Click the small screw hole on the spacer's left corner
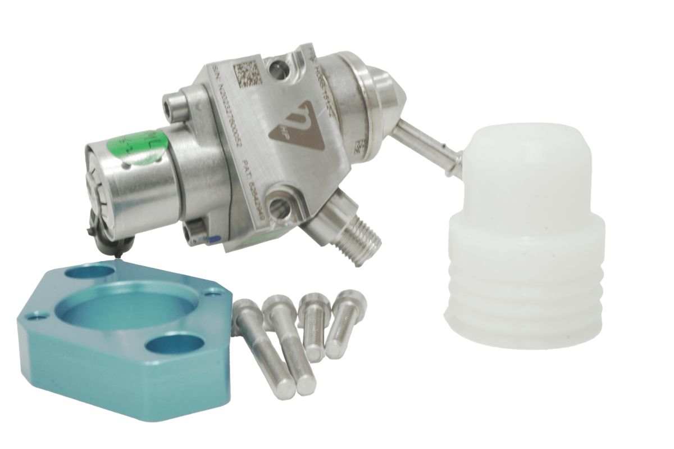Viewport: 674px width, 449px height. click(x=39, y=317)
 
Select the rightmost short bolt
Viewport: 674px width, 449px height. click(x=342, y=324)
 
